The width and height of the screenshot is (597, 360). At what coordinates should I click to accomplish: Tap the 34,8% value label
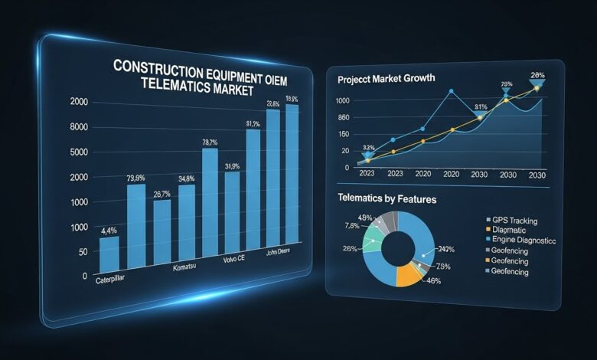click(187, 178)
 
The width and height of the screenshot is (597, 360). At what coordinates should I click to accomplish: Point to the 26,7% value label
click(161, 194)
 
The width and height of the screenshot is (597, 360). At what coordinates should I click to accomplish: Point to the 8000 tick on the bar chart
click(78, 127)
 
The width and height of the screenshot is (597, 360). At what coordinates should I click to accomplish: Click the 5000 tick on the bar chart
click(78, 152)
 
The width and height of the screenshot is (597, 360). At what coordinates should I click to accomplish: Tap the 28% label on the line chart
click(537, 75)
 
